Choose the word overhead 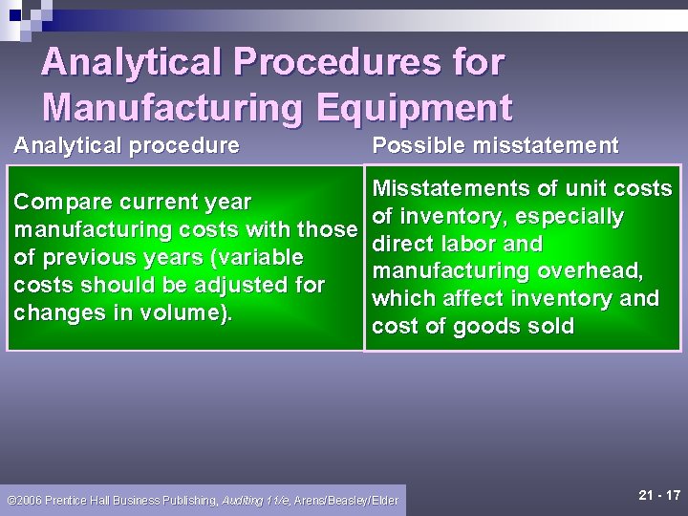[x=591, y=271]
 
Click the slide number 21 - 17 [x=658, y=495]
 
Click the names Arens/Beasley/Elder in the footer [x=347, y=501]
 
